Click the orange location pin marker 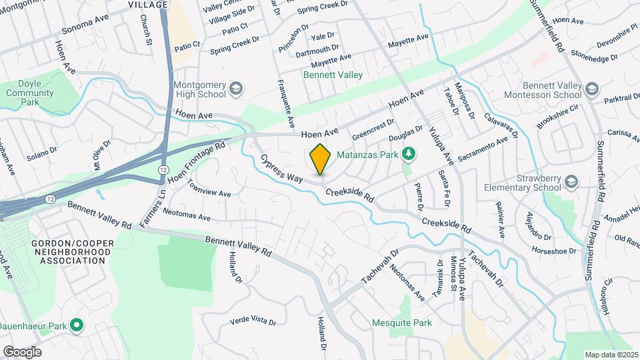321,159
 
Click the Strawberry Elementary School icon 571,182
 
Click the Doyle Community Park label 30,93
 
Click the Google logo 22,351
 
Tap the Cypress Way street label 281,170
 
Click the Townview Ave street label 209,189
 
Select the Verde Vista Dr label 253,321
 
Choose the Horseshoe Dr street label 553,251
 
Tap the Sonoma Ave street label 85,28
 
